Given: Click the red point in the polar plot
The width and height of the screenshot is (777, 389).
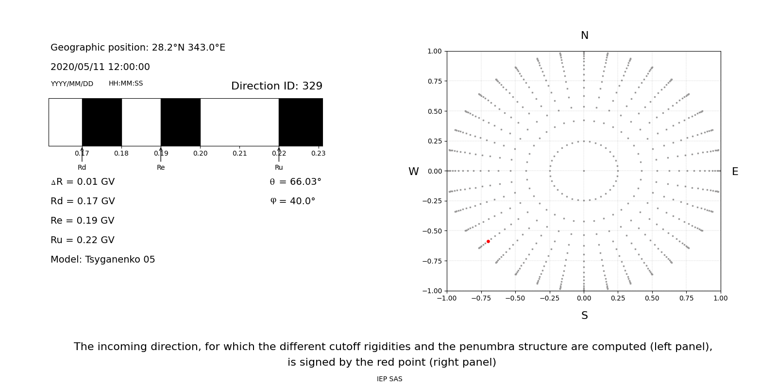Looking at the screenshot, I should pyautogui.click(x=488, y=241).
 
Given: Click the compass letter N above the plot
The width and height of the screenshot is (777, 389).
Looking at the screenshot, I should pyautogui.click(x=584, y=35).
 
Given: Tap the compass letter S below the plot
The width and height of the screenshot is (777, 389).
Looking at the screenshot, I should pyautogui.click(x=584, y=316).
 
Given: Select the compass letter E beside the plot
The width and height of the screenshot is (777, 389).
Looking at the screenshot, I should pyautogui.click(x=735, y=172).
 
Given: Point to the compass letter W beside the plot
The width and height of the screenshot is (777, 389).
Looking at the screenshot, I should pyautogui.click(x=413, y=172).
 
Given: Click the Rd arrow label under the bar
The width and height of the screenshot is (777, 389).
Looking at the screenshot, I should pyautogui.click(x=82, y=167).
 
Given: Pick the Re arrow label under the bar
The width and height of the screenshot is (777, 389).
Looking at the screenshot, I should pyautogui.click(x=161, y=167).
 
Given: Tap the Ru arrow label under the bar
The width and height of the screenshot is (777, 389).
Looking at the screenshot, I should pyautogui.click(x=279, y=167).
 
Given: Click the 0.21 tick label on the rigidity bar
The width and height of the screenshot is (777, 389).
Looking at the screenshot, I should pyautogui.click(x=239, y=153).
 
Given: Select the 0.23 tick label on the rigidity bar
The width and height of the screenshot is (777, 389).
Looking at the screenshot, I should pyautogui.click(x=318, y=153).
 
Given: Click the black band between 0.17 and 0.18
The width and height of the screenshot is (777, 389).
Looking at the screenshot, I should pyautogui.click(x=101, y=122).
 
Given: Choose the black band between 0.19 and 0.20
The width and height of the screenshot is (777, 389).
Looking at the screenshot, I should pyautogui.click(x=180, y=122).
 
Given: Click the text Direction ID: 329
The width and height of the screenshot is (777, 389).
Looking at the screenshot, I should pyautogui.click(x=276, y=86).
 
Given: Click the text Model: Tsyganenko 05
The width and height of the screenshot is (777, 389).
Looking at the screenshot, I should pyautogui.click(x=102, y=260).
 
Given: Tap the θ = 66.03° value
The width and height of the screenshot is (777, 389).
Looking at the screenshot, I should pyautogui.click(x=295, y=182).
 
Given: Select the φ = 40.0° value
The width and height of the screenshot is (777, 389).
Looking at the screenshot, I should pyautogui.click(x=292, y=201).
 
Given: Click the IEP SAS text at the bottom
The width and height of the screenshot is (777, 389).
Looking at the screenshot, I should pyautogui.click(x=389, y=379).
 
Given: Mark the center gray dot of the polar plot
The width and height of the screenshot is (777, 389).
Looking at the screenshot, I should pyautogui.click(x=584, y=171).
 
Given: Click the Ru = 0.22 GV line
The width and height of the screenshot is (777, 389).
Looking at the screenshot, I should pyautogui.click(x=83, y=240).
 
